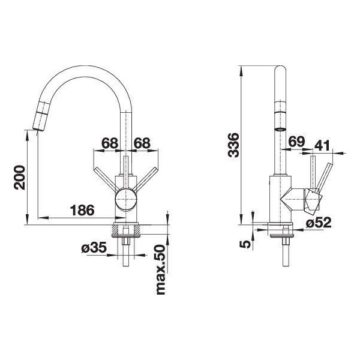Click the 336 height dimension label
234,145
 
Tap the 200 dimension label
19,178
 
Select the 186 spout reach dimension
82,210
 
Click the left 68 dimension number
110,143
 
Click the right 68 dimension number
142,143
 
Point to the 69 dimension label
296,142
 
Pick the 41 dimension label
322,145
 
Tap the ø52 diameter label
319,222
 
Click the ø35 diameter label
94,247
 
